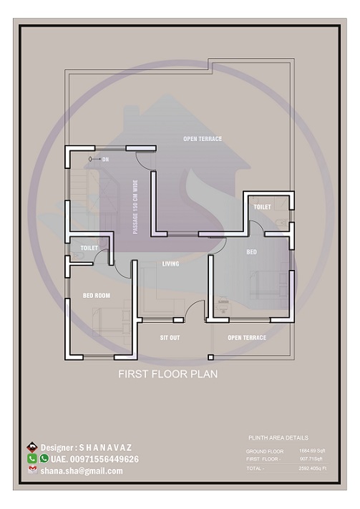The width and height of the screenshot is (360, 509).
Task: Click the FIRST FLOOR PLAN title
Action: pos(167,374)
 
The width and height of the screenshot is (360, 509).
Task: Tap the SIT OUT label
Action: pos(170,337)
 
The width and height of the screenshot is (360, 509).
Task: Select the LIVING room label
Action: pos(170,264)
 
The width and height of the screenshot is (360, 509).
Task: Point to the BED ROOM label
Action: pos(97,295)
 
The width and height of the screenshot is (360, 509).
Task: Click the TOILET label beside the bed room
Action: pos(89,248)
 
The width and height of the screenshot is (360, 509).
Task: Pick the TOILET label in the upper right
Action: pos(262,207)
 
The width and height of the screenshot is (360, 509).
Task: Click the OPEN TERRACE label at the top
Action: pos(203,139)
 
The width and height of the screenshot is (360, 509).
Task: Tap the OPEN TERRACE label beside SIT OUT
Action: pos(247,337)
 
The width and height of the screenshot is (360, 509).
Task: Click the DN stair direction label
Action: pos(105,158)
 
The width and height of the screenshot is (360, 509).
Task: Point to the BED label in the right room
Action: pos(252,252)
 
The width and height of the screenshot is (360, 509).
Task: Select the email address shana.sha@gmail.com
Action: pos(82,470)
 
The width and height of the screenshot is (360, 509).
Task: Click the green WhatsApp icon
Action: pos(44,458)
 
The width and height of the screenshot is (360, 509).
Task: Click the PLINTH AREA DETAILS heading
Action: pos(278,437)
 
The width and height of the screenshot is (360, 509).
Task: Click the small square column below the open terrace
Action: pos(210,357)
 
